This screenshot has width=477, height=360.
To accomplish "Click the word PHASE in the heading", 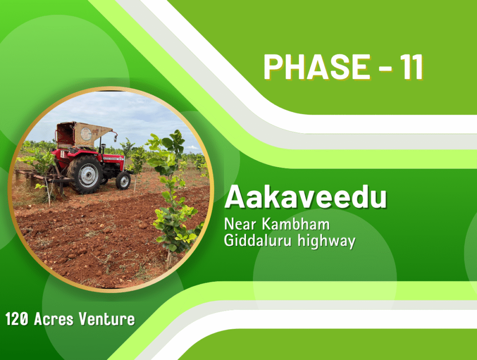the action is point(317,67).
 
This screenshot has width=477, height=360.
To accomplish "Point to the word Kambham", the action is point(296,224).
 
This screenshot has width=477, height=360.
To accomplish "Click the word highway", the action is point(327,241).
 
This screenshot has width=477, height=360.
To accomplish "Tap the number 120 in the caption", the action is point(17,319).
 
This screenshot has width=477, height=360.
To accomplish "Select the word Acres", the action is point(54,319).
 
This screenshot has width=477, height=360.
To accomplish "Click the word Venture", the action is point(107,319).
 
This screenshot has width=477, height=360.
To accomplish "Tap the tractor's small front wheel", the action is point(123,181).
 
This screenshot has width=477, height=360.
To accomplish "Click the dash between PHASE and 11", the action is point(385,69).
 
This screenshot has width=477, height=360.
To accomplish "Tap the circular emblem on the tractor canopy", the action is point(86,134).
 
